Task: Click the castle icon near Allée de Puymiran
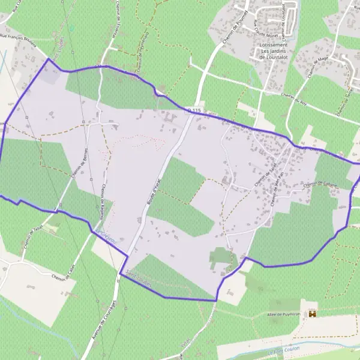312,313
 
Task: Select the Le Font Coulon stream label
282,352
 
